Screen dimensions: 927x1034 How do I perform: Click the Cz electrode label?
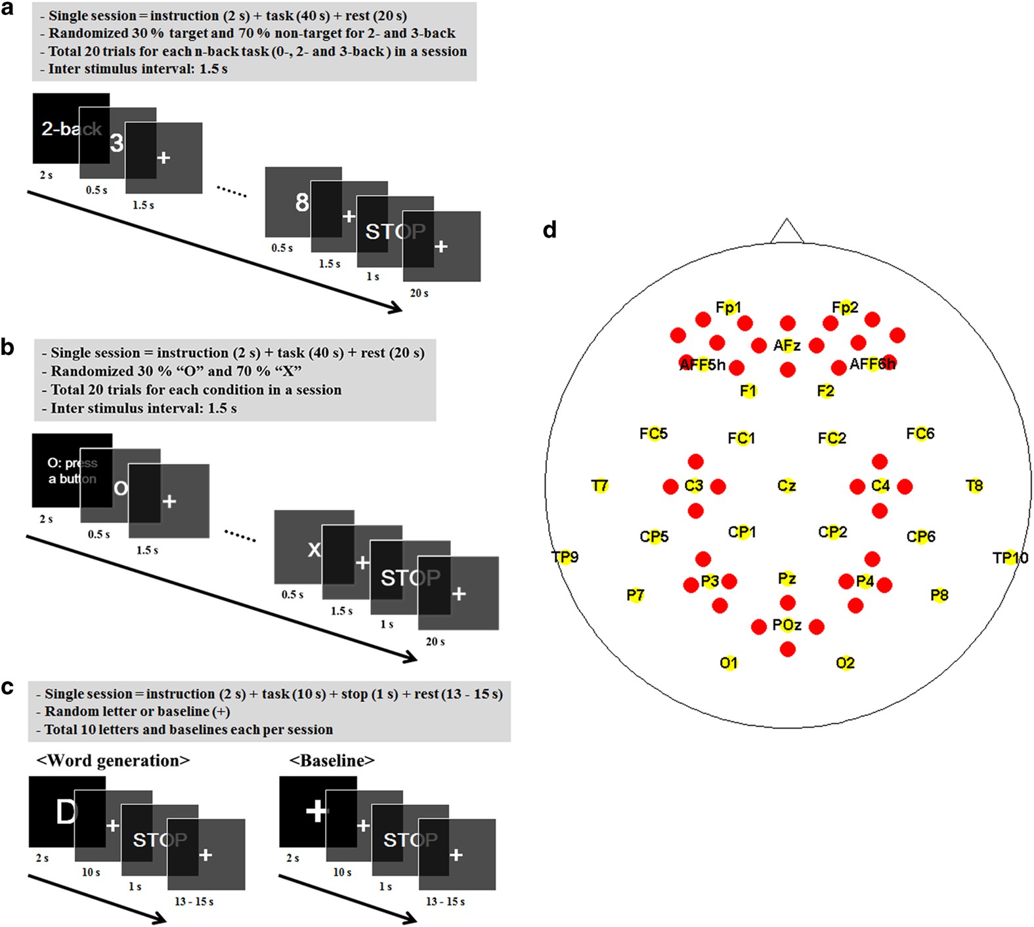[x=786, y=486]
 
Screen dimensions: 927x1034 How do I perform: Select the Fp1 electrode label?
[x=728, y=307]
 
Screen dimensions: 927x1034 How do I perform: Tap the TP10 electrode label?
[x=1010, y=558]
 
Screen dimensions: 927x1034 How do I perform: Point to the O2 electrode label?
[x=845, y=663]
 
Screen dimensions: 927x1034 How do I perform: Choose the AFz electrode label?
[x=786, y=345]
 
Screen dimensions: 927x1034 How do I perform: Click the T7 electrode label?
[x=599, y=486]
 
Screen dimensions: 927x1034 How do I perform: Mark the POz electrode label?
[x=786, y=625]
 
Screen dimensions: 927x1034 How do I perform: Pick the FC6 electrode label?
[x=920, y=434]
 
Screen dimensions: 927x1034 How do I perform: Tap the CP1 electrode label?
[x=741, y=532]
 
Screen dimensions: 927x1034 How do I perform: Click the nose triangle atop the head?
[x=786, y=232]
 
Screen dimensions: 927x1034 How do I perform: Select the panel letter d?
[x=550, y=230]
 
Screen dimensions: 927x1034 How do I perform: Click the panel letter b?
[x=8, y=347]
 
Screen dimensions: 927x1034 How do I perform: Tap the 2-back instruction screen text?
[x=71, y=129]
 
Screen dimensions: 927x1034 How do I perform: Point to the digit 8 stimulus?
[x=302, y=202]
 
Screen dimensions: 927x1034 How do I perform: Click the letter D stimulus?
[x=66, y=812]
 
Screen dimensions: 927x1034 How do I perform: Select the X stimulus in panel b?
[x=314, y=549]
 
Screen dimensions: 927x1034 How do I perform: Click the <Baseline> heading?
[x=332, y=760]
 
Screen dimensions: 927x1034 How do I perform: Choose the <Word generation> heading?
[x=113, y=760]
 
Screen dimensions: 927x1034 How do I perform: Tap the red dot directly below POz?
[x=787, y=649]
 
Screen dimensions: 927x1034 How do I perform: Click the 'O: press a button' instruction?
[x=72, y=470]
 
